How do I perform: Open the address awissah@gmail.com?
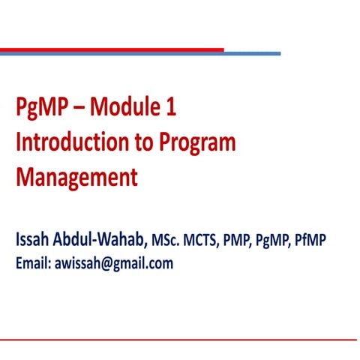pos(114,264)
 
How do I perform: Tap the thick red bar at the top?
pos(112,49)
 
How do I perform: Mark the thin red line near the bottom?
pos(180,340)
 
